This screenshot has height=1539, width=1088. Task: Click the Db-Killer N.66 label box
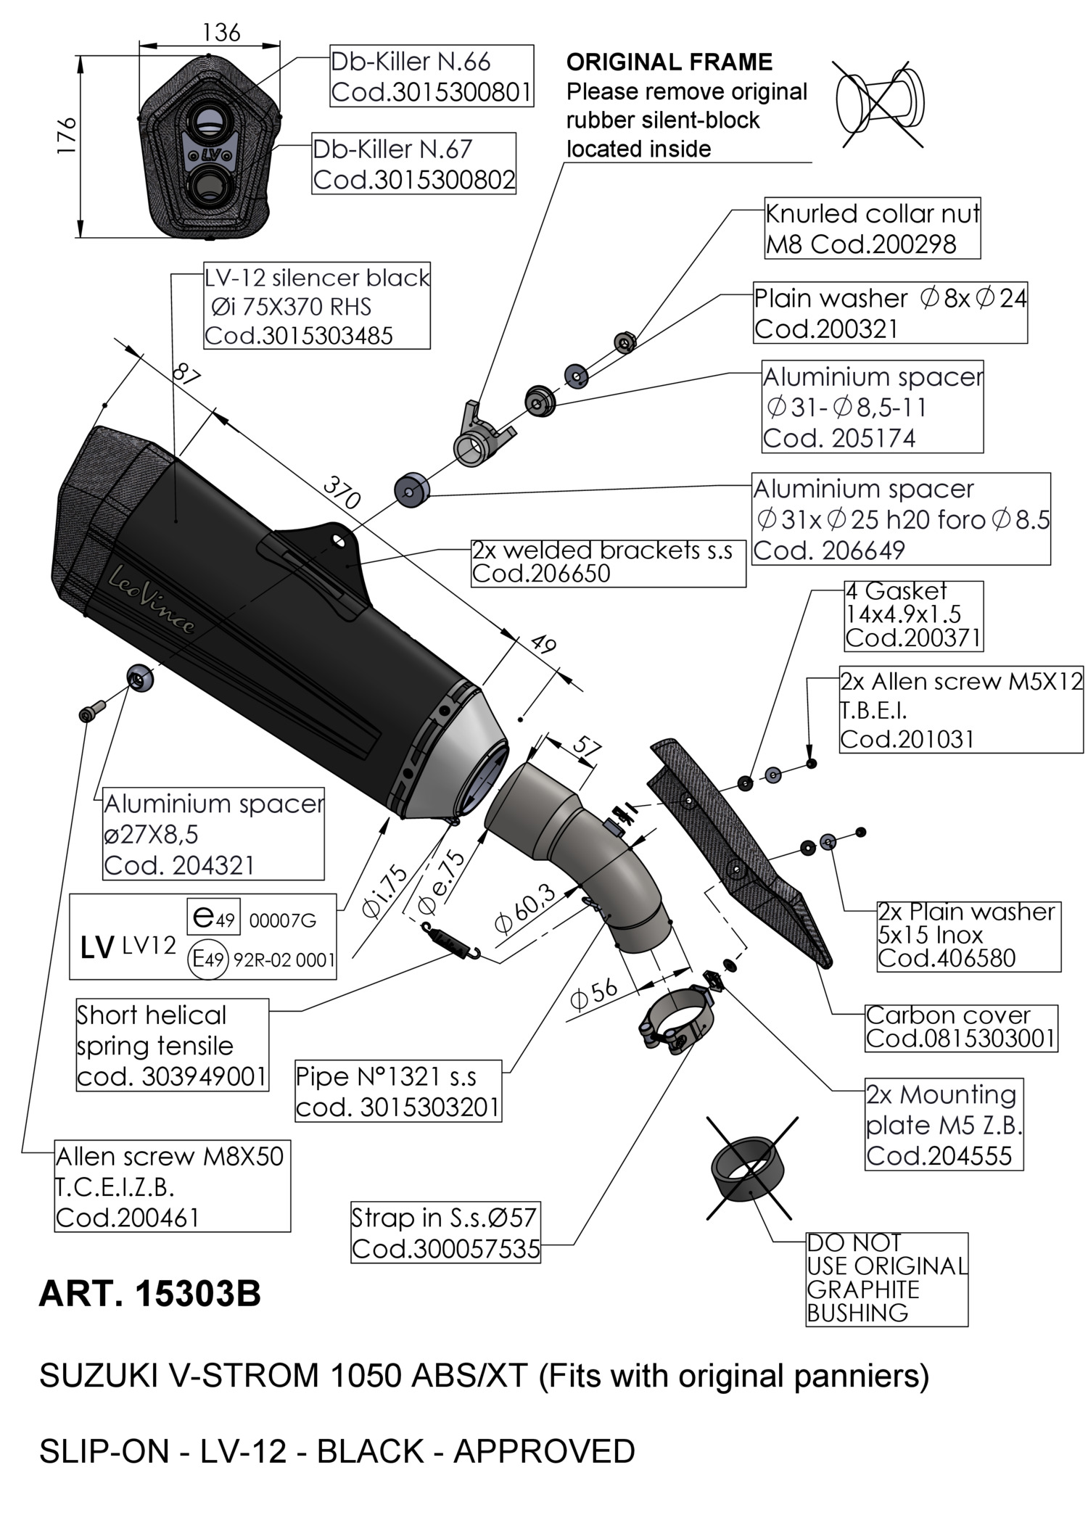(432, 76)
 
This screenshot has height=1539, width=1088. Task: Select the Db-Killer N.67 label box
(413, 164)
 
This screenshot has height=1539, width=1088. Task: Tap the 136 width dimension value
(221, 33)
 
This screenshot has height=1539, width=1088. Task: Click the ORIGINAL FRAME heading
(669, 62)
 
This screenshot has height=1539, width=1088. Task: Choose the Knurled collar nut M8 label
(872, 228)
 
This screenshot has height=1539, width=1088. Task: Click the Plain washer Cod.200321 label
(890, 313)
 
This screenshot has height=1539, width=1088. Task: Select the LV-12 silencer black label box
(317, 306)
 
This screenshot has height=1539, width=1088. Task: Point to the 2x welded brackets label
(608, 562)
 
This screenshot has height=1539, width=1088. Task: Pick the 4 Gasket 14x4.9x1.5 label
(913, 615)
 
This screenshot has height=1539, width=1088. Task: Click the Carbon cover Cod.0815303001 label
(960, 1027)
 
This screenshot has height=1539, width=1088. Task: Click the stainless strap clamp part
(675, 1022)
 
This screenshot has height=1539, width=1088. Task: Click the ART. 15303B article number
(149, 1294)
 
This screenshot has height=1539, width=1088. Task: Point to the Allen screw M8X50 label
(173, 1186)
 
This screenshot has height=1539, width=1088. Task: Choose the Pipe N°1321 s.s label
(397, 1091)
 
